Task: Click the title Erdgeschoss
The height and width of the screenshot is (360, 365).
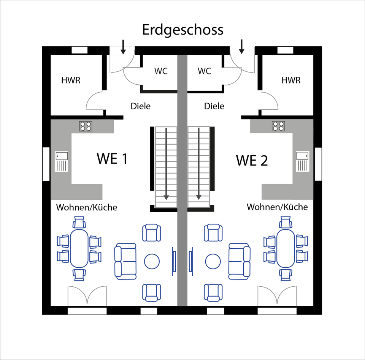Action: tap(182, 30)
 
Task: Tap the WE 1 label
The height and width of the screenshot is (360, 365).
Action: tap(112, 159)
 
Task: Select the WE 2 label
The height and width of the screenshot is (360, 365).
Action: tap(252, 160)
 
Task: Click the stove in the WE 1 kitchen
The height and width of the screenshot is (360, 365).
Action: tap(86, 126)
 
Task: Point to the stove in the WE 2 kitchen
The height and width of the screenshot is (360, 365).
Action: tap(278, 126)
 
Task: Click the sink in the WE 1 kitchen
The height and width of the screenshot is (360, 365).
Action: tap(62, 161)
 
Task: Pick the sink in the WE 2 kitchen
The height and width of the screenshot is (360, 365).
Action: tap(303, 161)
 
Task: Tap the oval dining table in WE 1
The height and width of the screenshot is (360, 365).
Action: tap(79, 248)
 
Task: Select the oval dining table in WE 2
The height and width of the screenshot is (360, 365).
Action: tap(286, 248)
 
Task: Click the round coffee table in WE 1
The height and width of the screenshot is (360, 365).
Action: tap(152, 261)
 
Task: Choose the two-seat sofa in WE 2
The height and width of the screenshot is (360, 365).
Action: tap(240, 261)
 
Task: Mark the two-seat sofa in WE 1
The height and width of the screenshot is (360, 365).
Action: tap(125, 261)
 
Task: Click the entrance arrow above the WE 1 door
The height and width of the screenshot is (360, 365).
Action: tap(123, 46)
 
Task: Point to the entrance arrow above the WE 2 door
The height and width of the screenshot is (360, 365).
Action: tap(241, 46)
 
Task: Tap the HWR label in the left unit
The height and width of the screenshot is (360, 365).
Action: tap(71, 81)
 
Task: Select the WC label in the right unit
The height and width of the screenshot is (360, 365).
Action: tap(204, 71)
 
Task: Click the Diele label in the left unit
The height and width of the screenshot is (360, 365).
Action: tap(141, 106)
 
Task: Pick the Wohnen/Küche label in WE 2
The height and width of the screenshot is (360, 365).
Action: tap(277, 207)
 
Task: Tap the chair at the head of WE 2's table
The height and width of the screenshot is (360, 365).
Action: tap(286, 221)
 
